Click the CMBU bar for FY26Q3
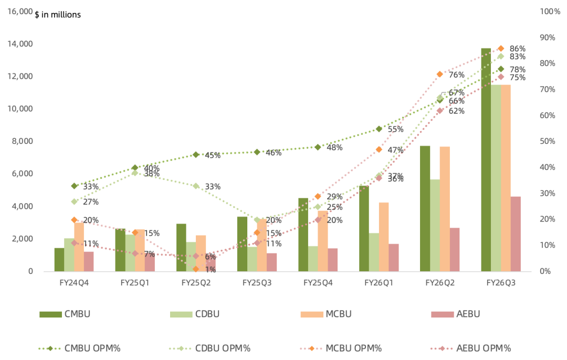486,160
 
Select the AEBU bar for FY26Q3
516,234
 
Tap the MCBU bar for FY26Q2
445,209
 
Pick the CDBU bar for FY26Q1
374,252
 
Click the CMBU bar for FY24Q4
59,260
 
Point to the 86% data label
518,49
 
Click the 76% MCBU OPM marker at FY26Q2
440,74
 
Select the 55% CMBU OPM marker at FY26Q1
379,129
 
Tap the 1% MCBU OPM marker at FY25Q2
196,269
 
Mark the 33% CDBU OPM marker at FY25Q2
196,186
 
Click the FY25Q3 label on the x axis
257,283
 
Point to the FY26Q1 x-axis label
379,283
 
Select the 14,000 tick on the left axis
20,44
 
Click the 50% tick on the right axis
547,141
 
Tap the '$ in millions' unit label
58,15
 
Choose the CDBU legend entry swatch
181,314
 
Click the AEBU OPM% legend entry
471,348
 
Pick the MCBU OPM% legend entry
341,348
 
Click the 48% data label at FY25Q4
334,147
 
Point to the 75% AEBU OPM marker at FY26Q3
501,77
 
